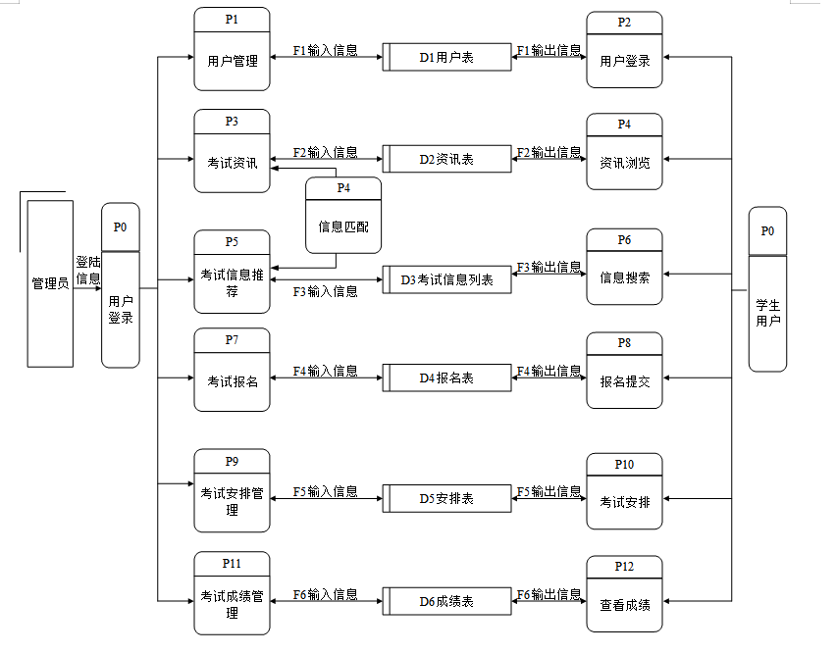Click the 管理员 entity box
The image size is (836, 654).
point(50,283)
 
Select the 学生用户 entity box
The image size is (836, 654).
point(767,289)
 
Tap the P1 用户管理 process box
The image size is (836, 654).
point(232,50)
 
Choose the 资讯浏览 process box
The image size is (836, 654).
point(624,155)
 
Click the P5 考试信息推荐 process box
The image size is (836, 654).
point(232,272)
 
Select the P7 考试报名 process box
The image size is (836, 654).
point(232,374)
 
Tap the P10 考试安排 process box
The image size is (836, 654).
point(624,494)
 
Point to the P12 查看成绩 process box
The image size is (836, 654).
point(624,597)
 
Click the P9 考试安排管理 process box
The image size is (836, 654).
point(232,489)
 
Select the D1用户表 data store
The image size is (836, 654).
point(446,58)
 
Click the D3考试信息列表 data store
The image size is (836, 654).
point(446,280)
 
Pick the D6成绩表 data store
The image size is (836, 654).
point(446,601)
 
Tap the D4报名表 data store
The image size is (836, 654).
point(446,377)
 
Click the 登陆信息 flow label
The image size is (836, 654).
point(88,271)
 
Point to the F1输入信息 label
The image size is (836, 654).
point(325,50)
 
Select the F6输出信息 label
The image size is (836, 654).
point(549,594)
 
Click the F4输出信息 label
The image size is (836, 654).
point(549,371)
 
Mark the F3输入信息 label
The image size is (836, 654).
point(325,291)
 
